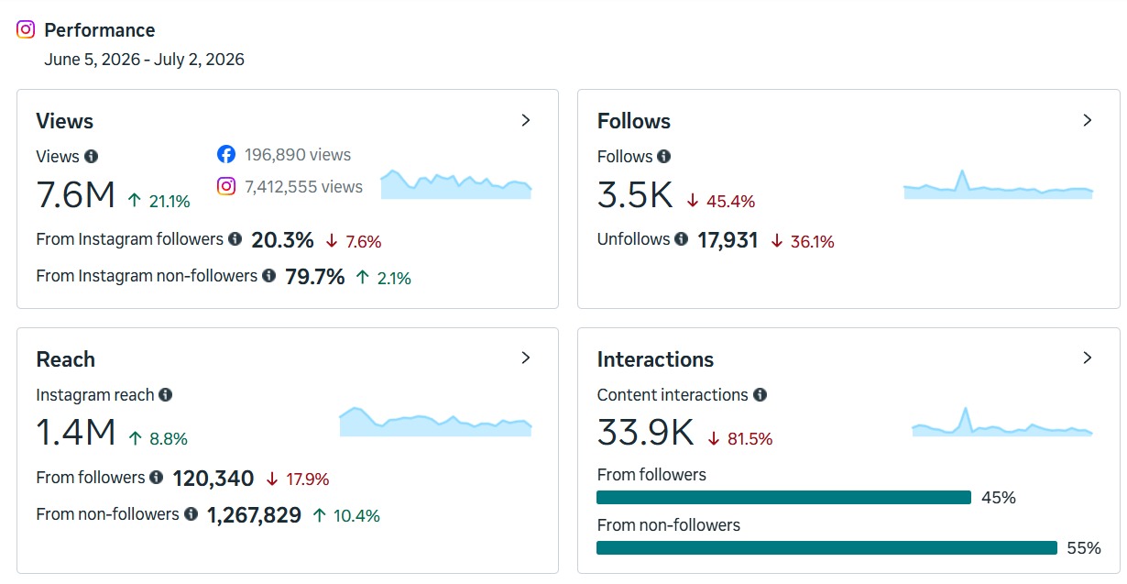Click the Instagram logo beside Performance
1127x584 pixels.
click(26, 29)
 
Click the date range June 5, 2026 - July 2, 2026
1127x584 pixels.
click(144, 60)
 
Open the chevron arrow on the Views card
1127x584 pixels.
click(526, 120)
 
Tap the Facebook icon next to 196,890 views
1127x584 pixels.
click(226, 154)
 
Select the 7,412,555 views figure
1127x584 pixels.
click(303, 187)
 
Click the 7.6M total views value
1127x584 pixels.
click(75, 195)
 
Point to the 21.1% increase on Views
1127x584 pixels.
click(159, 202)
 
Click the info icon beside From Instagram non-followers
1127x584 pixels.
click(269, 275)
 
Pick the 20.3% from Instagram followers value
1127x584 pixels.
click(283, 240)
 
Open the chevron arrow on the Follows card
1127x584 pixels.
click(1088, 120)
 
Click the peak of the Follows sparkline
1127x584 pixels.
click(962, 171)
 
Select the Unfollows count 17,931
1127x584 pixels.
click(728, 240)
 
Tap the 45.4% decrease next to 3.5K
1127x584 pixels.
click(721, 202)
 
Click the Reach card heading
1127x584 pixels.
click(65, 359)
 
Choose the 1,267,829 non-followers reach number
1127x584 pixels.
click(254, 515)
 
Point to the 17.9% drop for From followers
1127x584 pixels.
click(298, 479)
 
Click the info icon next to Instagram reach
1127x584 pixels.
click(166, 395)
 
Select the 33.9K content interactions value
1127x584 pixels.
click(645, 433)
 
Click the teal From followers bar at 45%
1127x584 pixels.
click(784, 498)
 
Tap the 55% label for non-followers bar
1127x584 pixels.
click(1084, 547)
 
